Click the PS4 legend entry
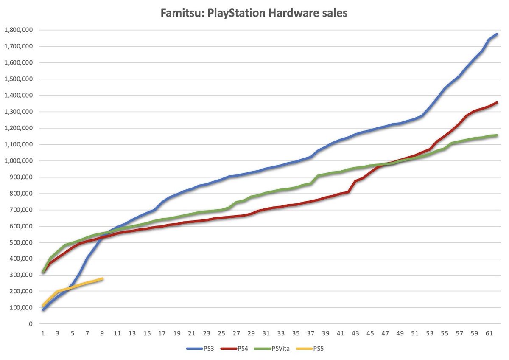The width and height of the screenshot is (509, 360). point(241,349)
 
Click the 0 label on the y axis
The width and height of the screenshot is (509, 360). point(31,324)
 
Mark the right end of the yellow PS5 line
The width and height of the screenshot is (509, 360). point(102,278)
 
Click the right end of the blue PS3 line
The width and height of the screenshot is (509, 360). point(497,34)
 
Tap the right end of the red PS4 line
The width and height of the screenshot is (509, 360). point(497,102)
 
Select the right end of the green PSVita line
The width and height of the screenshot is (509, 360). point(497,135)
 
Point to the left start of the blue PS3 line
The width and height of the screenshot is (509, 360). point(43,310)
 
